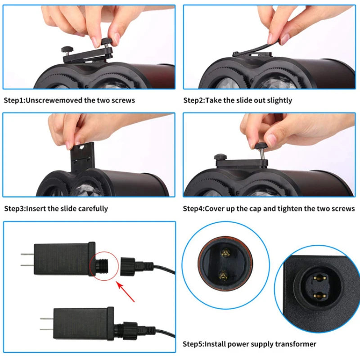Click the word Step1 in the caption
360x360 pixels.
coord(14,100)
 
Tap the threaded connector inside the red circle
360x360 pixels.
coord(102,267)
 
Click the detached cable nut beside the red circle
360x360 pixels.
coord(128,267)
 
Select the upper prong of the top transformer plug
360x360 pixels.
coord(27,254)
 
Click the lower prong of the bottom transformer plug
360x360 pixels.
coord(47,330)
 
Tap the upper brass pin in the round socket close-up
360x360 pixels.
coord(226,253)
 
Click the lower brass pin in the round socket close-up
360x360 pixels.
coord(224,275)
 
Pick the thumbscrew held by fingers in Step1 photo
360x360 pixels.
coord(106,43)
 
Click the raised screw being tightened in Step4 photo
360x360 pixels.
coord(261,150)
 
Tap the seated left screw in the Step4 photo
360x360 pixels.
coord(220,157)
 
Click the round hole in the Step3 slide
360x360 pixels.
coord(81,148)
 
